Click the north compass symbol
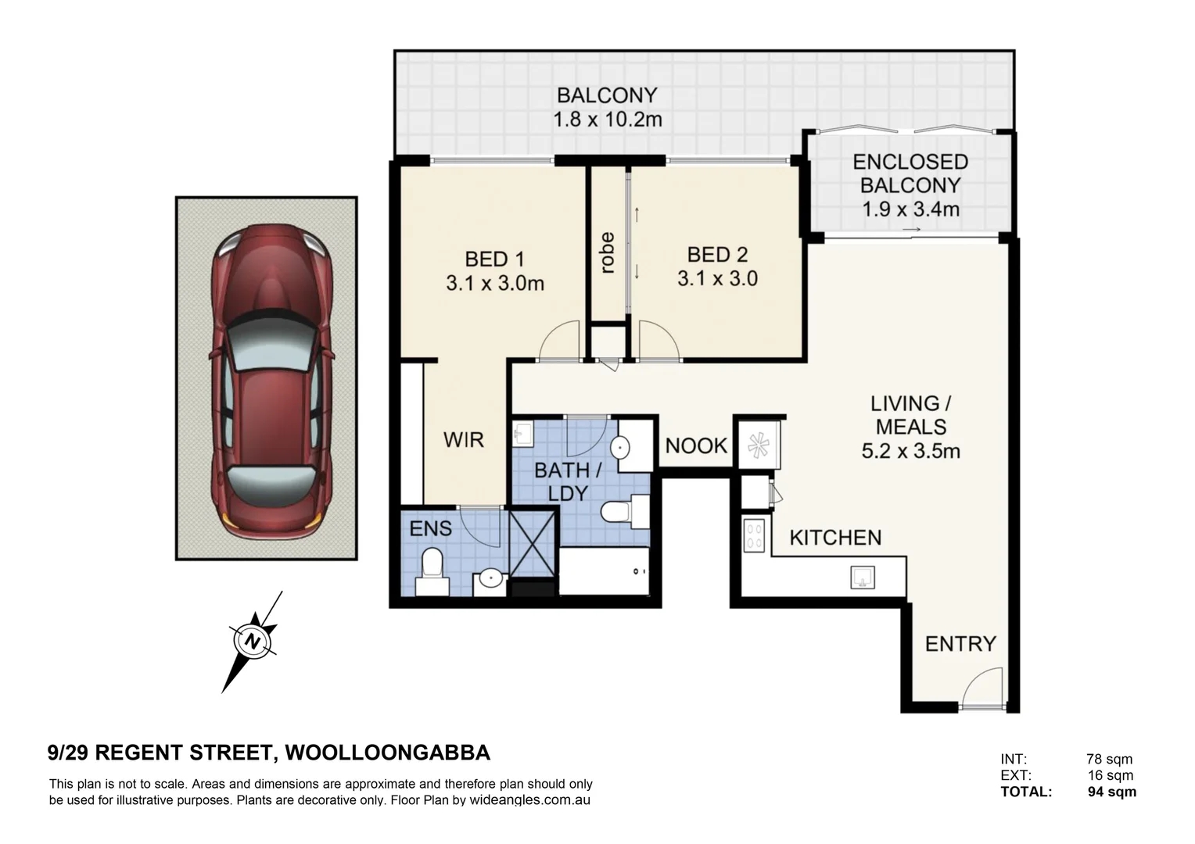(x=253, y=641)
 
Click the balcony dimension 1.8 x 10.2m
(x=608, y=120)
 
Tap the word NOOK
(x=696, y=446)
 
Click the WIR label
(x=464, y=440)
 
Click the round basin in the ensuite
(x=490, y=579)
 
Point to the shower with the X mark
(x=533, y=544)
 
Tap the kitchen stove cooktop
(x=754, y=536)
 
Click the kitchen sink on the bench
(x=863, y=578)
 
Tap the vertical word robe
(x=608, y=253)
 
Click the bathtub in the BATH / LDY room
(x=605, y=571)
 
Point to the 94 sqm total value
(x=1111, y=792)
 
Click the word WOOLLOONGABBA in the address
(x=388, y=753)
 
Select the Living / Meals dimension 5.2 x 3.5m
(x=910, y=451)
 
